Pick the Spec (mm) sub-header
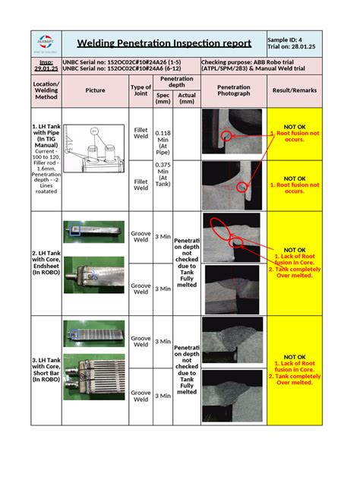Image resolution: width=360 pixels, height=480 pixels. click(163, 98)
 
